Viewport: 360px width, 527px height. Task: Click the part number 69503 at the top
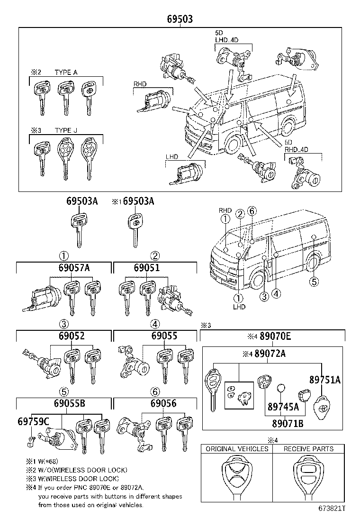pos(180,19)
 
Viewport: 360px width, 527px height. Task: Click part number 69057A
pos(74,268)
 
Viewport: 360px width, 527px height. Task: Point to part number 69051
pos(146,268)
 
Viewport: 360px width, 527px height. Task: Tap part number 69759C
pos(33,420)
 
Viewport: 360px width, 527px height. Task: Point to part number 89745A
pos(283,406)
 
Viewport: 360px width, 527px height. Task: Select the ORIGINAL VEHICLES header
pos(237,448)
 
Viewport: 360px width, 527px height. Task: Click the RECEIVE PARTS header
pos(308,448)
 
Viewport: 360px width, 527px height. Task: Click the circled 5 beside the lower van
pos(314,282)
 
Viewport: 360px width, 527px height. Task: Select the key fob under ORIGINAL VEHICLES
pos(236,478)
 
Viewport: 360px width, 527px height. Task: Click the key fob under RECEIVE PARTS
pos(308,478)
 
